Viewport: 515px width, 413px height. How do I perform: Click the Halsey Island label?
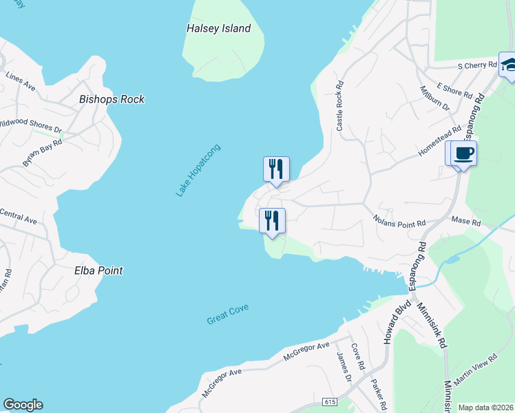coord(218,29)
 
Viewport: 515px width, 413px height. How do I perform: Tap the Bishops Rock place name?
coord(112,99)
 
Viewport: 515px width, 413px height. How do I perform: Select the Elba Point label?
coord(98,271)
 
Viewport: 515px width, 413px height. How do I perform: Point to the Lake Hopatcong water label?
coord(198,171)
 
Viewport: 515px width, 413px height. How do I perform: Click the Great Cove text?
coord(227,315)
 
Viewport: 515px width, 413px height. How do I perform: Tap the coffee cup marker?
coord(464,153)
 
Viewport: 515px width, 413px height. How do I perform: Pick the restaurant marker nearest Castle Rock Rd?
coord(276,168)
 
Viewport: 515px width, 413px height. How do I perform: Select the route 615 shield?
coord(333,401)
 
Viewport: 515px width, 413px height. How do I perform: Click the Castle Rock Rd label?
coord(339,109)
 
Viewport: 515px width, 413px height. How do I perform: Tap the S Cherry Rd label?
coord(477,66)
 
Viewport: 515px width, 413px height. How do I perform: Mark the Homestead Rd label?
coord(439,142)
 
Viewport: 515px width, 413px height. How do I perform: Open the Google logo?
coord(23,405)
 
